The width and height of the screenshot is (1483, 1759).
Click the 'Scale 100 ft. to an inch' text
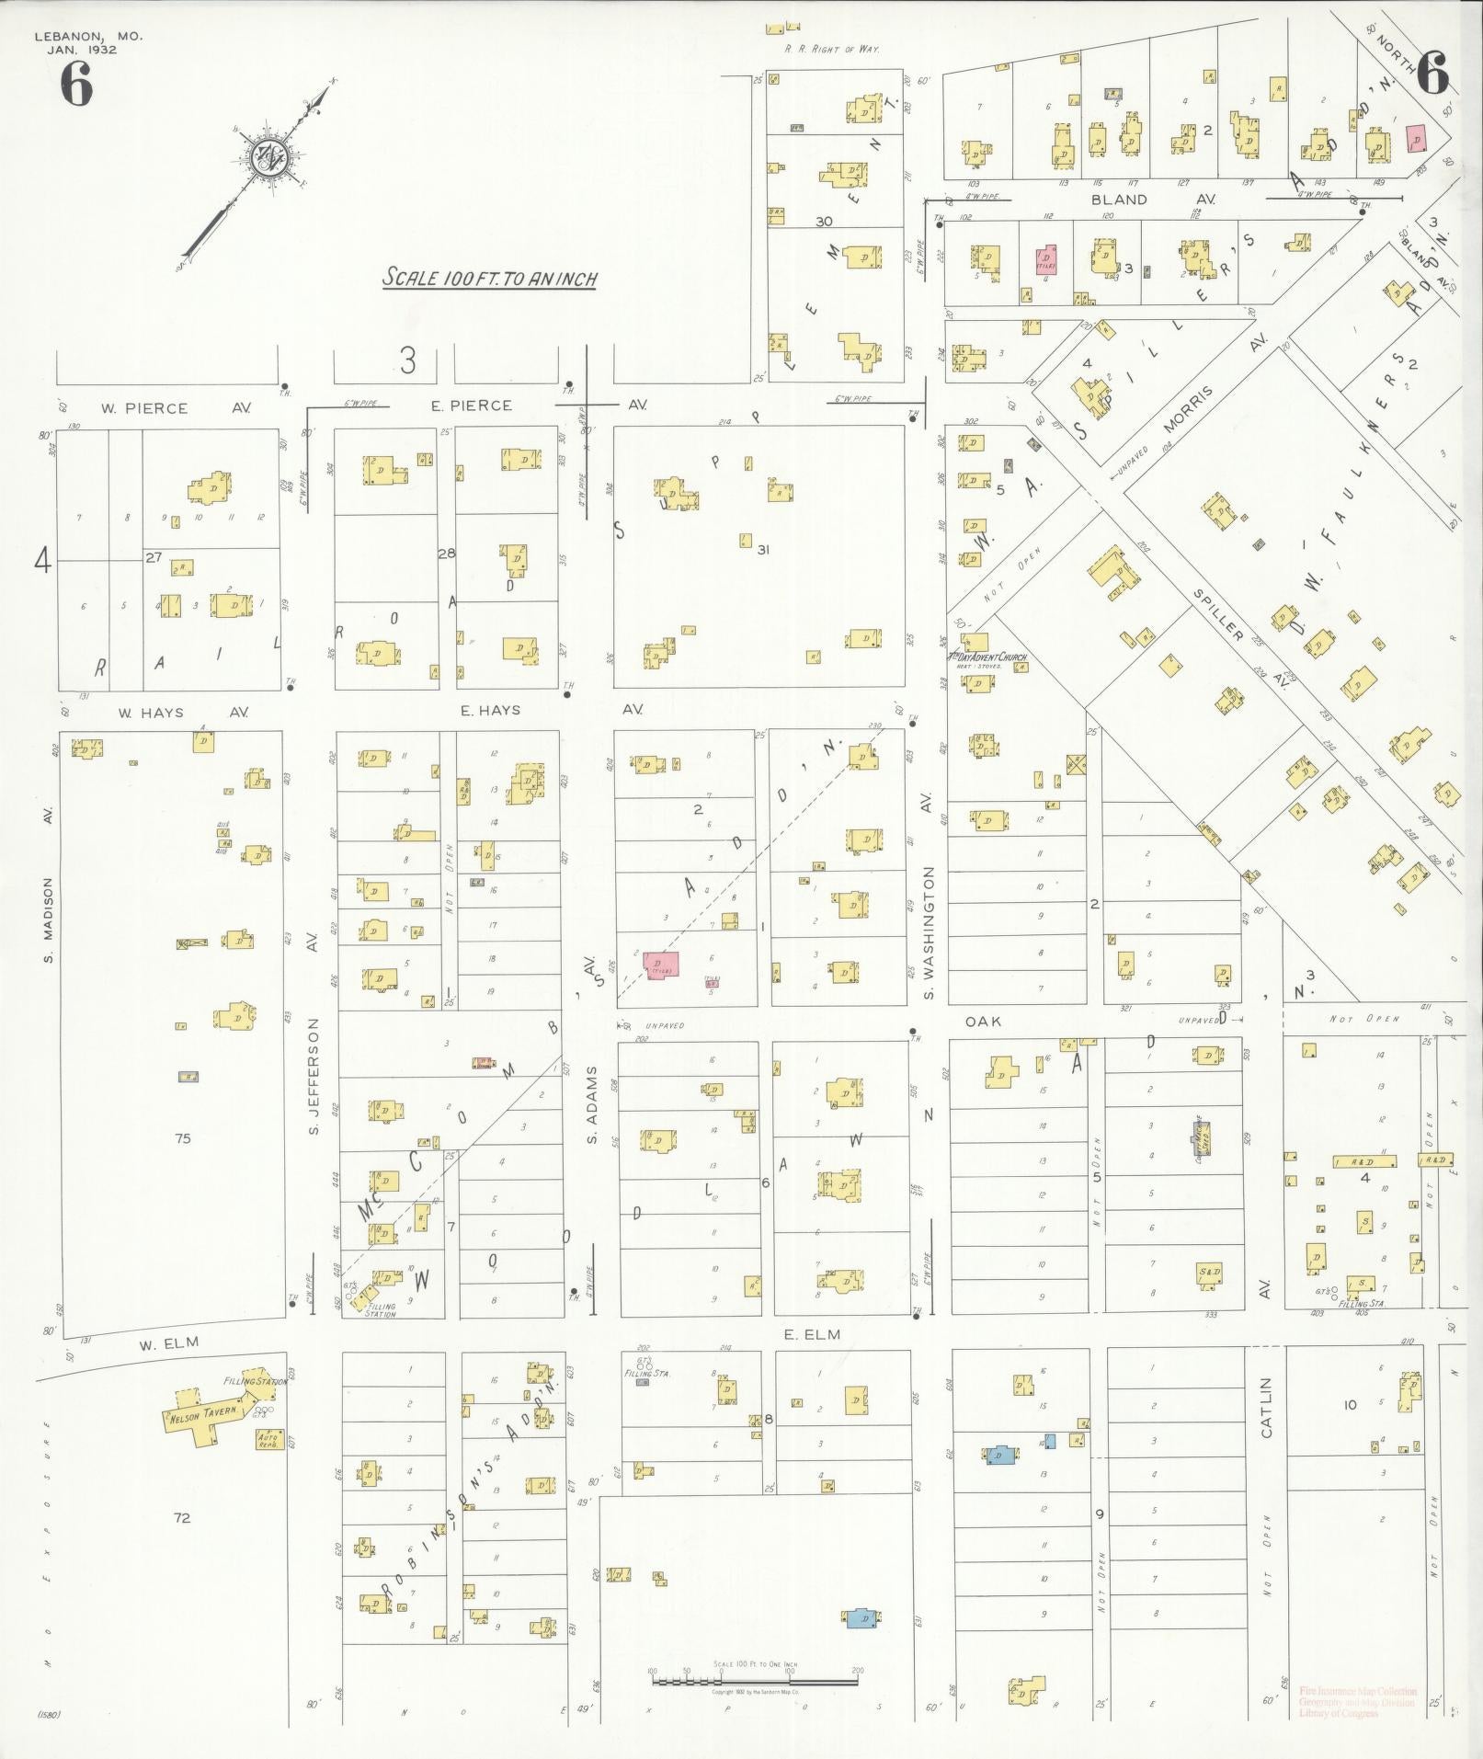tap(490, 278)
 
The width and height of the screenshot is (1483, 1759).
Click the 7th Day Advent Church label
tap(987, 657)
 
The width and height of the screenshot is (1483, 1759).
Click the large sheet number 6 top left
tap(77, 86)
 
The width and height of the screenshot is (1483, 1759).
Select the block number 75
tap(182, 1138)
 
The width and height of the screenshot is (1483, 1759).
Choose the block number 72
tap(182, 1518)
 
